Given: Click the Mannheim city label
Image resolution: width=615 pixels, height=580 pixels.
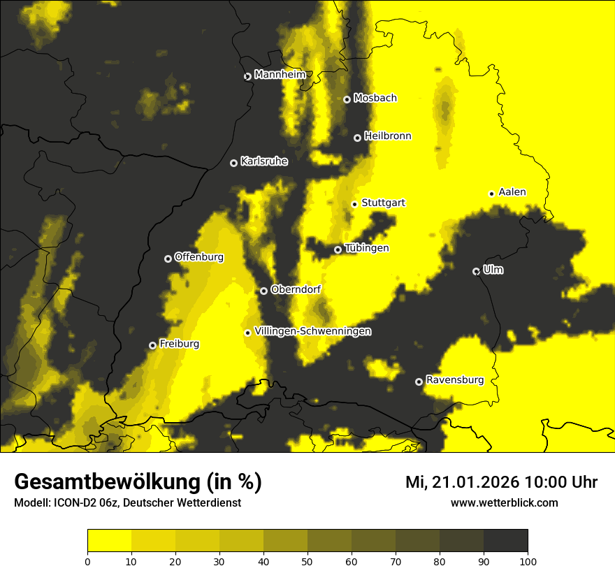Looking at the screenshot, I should [280, 75].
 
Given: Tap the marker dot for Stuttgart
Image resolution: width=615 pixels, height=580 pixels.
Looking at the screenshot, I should [354, 204].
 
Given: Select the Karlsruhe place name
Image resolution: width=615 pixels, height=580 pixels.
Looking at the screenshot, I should [263, 161].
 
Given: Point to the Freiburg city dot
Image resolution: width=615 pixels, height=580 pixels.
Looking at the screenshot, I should [152, 345].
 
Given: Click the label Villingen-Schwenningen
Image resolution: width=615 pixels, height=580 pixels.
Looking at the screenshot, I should [312, 331].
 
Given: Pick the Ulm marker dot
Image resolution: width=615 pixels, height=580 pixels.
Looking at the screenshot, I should [476, 271].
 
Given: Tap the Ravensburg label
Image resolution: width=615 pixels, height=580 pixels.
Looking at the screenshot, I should [454, 380].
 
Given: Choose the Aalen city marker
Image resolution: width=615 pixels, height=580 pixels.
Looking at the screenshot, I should [491, 194].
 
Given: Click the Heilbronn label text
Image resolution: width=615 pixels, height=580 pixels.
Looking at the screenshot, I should [387, 136].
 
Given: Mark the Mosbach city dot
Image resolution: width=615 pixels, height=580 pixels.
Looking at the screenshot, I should [347, 99].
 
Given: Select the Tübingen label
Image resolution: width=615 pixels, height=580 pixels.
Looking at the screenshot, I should [366, 248].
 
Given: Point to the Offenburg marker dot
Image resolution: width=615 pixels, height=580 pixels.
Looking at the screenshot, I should [168, 259].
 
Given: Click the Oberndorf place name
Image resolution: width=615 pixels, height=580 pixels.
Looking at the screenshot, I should [295, 289].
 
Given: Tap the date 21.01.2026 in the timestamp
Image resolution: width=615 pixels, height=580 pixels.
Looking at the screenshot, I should [475, 482].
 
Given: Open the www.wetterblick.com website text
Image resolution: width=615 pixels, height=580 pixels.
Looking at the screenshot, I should [504, 502].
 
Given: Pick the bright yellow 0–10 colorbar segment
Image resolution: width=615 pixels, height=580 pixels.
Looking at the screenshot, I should [110, 540].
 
